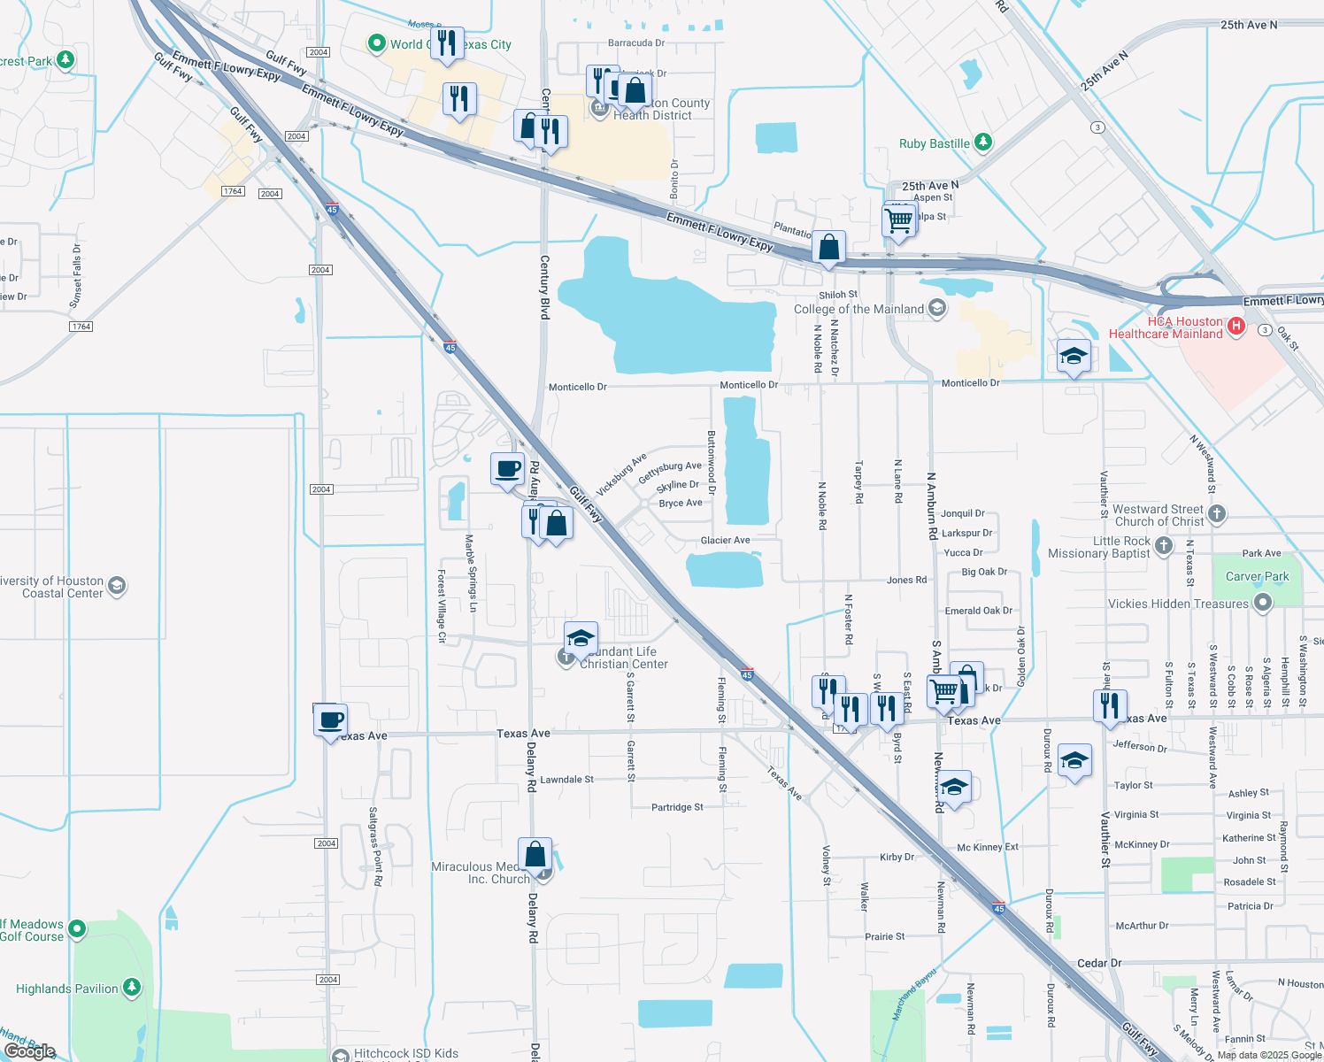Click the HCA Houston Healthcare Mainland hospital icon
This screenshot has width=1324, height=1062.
[x=1236, y=327]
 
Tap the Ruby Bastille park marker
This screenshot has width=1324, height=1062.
[x=982, y=142]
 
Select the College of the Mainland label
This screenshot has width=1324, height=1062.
[x=858, y=309]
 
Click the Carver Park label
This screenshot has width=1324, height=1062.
[x=1257, y=576]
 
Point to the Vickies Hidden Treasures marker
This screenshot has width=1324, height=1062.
[x=1263, y=603]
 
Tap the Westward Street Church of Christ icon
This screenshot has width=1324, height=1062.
[x=1217, y=513]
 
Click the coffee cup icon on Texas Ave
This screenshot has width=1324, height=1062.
[x=330, y=721]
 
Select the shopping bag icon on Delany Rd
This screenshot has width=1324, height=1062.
[x=535, y=855]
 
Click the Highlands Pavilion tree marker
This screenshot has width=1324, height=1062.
[x=132, y=987]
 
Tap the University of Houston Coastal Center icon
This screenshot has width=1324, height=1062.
[x=117, y=586]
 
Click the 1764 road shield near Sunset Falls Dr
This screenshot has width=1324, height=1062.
[x=81, y=327]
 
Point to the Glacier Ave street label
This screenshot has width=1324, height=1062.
[x=725, y=540]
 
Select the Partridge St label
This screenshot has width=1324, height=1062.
[x=677, y=807]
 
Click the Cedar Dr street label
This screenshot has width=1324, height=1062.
[x=1099, y=963]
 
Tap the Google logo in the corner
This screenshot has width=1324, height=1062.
[x=30, y=1051]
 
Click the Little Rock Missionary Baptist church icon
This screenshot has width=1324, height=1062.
[x=1164, y=546]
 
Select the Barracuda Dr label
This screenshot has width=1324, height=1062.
[x=635, y=42]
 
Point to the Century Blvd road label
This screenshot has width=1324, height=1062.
[x=544, y=287]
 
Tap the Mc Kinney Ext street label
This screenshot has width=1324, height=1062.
[x=988, y=847]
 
